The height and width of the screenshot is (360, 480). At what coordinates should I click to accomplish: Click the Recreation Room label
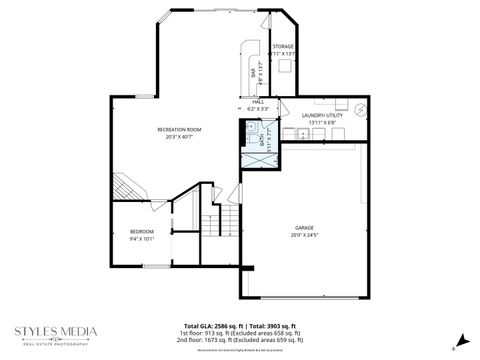(180, 130)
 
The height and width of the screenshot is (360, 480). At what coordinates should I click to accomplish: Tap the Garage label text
(304, 228)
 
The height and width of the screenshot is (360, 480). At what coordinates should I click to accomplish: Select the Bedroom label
(141, 232)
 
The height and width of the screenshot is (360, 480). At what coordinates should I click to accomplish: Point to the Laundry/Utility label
(322, 115)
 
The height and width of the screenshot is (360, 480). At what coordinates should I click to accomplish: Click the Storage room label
(284, 47)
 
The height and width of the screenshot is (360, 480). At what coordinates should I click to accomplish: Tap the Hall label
(257, 101)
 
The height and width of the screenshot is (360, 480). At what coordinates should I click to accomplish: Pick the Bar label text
(252, 73)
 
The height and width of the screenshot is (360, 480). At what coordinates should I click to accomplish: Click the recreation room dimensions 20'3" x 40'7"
(180, 138)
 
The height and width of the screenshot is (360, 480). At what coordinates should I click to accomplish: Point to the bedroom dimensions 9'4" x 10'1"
(141, 240)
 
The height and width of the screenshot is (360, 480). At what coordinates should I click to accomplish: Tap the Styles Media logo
(56, 333)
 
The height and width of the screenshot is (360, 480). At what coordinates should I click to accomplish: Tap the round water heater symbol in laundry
(362, 109)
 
